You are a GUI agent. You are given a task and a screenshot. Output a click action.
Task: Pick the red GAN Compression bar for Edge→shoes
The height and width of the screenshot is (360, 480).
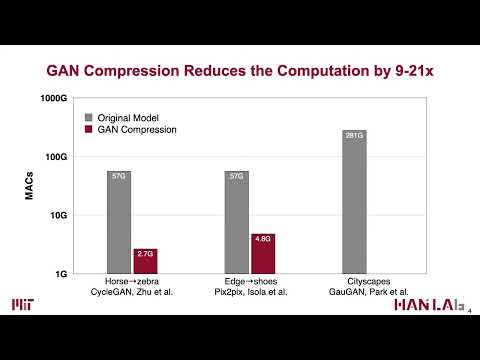(262, 253)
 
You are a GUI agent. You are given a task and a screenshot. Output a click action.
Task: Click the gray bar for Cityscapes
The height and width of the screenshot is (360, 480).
(354, 201)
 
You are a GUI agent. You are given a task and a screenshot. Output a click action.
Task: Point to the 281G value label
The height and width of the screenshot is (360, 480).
(354, 136)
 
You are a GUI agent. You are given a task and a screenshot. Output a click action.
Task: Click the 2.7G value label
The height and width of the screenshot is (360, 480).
(145, 255)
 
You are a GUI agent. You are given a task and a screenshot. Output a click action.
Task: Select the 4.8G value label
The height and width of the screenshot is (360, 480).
(262, 240)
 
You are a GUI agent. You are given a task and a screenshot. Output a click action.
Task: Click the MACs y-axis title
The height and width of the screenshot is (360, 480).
(30, 185)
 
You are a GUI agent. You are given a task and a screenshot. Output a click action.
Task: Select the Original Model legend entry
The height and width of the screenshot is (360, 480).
(127, 116)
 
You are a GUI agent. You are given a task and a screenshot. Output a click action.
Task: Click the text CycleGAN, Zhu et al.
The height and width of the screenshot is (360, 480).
(133, 292)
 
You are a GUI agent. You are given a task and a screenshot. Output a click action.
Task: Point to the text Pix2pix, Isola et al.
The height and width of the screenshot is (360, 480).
(249, 292)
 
